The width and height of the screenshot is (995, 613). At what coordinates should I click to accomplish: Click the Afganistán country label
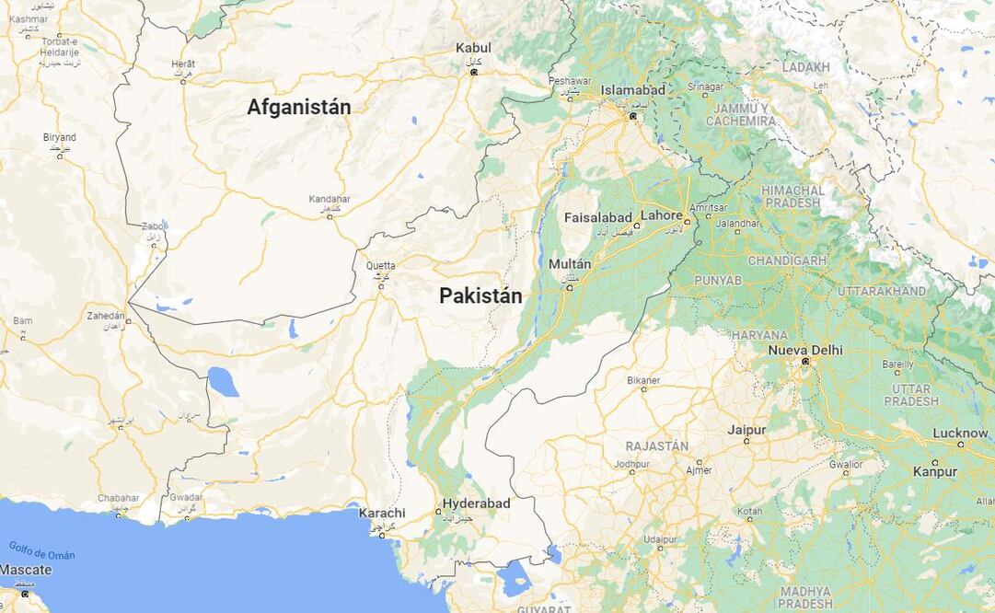[298, 107]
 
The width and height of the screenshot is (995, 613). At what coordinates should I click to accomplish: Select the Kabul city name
[473, 48]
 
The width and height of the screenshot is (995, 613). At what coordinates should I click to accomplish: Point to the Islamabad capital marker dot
[632, 116]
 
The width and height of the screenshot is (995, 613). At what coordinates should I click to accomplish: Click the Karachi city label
[382, 513]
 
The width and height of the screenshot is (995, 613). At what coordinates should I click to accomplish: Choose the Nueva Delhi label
[805, 350]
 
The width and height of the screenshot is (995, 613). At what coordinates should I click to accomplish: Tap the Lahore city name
[662, 215]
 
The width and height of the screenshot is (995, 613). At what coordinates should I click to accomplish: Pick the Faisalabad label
[597, 217]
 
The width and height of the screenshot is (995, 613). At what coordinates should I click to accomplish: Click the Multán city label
[570, 264]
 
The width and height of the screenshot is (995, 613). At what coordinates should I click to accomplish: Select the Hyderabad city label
[476, 503]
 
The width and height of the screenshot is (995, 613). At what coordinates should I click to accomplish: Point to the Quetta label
[380, 266]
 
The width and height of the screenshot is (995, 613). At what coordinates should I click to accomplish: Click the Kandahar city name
[330, 199]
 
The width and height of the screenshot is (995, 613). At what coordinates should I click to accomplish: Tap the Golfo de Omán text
[42, 550]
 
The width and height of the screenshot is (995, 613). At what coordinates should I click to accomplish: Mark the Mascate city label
[26, 570]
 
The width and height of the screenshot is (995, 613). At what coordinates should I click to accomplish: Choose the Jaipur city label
[746, 429]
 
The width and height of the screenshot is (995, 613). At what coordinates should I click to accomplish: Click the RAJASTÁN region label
[656, 445]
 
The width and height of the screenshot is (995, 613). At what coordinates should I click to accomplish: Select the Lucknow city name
[960, 433]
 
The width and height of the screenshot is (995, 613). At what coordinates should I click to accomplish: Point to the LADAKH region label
[805, 67]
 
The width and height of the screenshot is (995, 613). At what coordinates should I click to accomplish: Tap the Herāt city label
[182, 64]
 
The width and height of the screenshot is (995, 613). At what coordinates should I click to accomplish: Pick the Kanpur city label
[935, 471]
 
